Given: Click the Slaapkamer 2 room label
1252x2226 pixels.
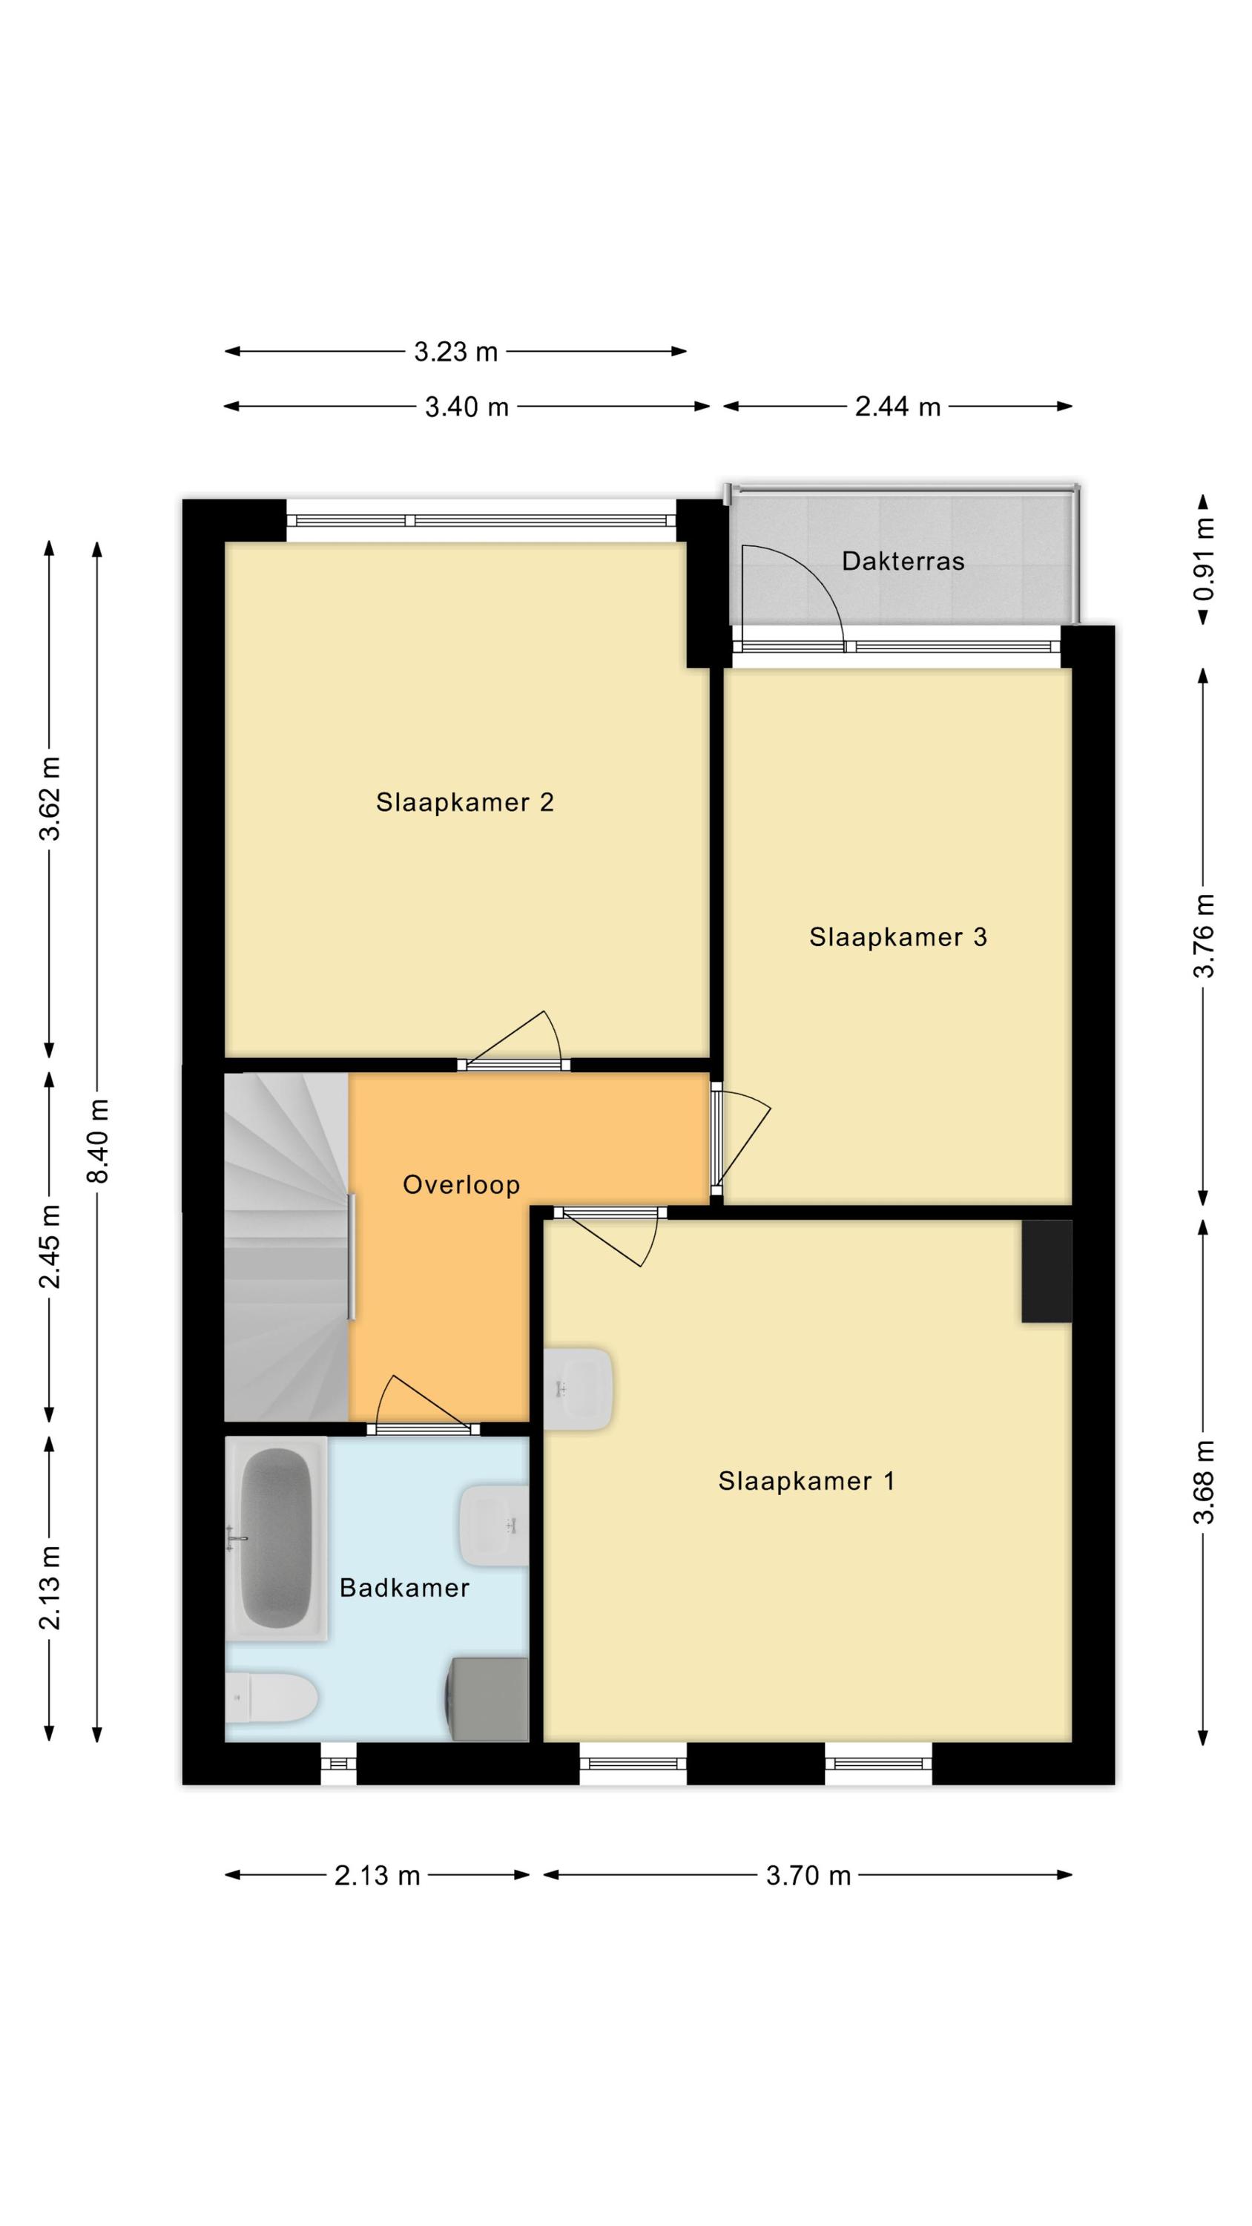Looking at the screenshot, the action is (x=464, y=803).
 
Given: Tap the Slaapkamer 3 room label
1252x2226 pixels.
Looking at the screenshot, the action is (x=897, y=938).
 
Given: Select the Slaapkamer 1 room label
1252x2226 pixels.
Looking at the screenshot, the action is (x=806, y=1482).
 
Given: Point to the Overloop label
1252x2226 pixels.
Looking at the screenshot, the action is (x=461, y=1185).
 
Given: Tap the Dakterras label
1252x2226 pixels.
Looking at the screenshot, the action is (x=903, y=562).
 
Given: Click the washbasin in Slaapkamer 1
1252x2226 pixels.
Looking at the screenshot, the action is (x=579, y=1389).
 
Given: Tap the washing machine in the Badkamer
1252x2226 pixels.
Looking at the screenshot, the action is (x=487, y=1700).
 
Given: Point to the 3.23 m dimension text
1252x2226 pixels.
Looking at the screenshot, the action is (x=456, y=352).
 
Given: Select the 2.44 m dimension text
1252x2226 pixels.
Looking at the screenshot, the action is (x=897, y=407).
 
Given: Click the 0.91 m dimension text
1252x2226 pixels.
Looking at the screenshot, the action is (x=1204, y=559).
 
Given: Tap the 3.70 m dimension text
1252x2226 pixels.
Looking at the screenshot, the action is (x=808, y=1876).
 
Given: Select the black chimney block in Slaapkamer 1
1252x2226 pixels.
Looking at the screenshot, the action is (x=1047, y=1270).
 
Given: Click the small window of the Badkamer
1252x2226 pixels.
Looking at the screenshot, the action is (x=339, y=1763).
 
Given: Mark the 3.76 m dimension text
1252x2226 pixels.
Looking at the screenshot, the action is (x=1204, y=936).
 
